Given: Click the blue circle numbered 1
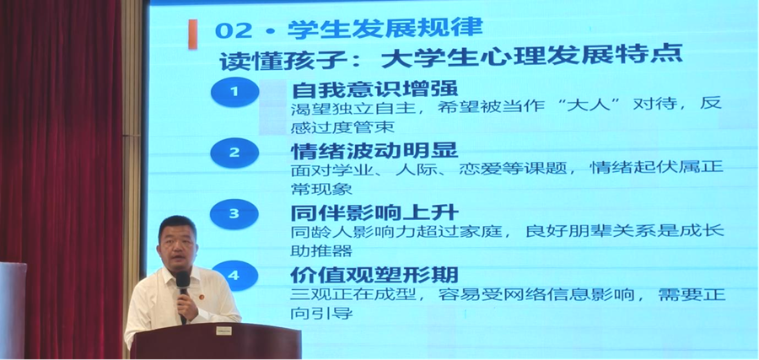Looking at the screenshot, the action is [x=234, y=92].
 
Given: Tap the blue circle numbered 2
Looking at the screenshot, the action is [x=234, y=153].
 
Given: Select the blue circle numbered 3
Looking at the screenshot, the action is [x=234, y=214].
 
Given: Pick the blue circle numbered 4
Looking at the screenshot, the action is [x=234, y=276].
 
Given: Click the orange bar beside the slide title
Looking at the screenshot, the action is [x=192, y=35].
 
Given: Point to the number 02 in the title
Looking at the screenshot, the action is [x=234, y=31].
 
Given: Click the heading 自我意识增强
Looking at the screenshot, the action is [x=374, y=89].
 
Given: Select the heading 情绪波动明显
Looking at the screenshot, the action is [x=374, y=151].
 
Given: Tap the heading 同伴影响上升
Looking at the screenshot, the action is [x=374, y=213].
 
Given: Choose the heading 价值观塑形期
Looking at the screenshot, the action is [x=374, y=275].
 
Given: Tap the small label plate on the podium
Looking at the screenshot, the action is [x=223, y=331].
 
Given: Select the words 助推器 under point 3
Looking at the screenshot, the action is [x=321, y=251].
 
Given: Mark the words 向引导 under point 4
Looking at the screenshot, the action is [x=321, y=313].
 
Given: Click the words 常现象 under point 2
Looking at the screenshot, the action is [x=321, y=189].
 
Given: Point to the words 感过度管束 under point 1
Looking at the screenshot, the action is [x=342, y=127].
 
